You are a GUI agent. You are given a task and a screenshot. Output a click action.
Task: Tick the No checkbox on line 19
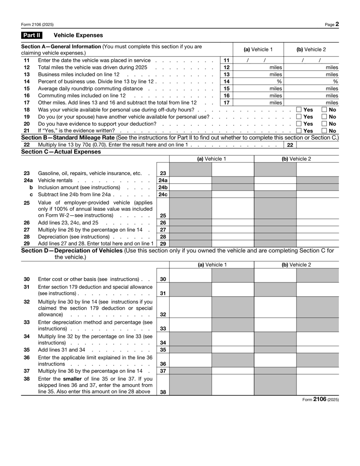pos(324,117)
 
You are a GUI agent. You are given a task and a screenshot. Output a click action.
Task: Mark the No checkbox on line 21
pos(324,131)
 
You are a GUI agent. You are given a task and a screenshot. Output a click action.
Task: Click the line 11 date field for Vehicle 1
pos(258,60)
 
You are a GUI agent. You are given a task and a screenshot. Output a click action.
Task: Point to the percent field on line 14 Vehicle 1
pos(258,81)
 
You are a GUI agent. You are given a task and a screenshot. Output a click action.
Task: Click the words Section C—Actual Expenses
pos(61,152)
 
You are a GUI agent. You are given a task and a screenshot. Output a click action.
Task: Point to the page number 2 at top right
pos(337,24)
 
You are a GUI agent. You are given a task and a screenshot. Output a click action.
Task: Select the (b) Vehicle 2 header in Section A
pos(310,49)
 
